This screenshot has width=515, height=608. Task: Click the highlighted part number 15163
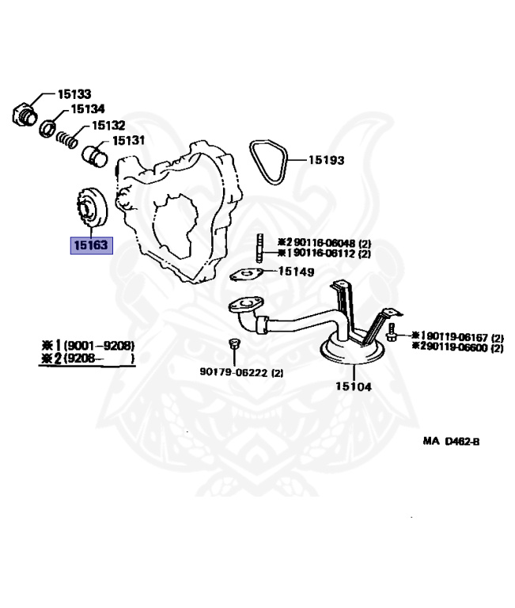(91, 246)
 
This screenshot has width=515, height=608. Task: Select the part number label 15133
(74, 93)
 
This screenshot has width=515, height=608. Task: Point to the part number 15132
(108, 125)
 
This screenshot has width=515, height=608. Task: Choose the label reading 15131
(128, 140)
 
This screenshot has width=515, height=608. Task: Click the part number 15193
(326, 159)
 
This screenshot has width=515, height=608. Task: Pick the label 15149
(296, 272)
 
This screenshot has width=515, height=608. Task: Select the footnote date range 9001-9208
(99, 345)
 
